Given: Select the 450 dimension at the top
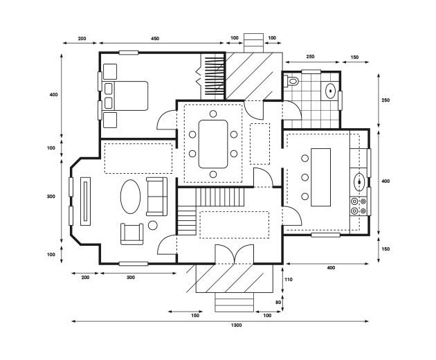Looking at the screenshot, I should (154, 39).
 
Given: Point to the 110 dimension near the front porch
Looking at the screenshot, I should (290, 279).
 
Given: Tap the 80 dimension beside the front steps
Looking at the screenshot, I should (279, 303).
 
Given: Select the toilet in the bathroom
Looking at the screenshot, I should (292, 82).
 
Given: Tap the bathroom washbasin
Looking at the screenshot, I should (331, 90).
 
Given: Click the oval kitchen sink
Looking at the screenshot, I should (360, 182).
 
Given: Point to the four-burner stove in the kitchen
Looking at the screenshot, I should (359, 205).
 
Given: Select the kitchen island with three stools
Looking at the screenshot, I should (322, 176).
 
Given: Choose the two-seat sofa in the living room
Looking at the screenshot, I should (156, 196).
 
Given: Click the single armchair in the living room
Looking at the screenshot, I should (131, 233).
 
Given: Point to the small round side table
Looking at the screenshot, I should (153, 225).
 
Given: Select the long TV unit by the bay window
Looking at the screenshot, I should (85, 201).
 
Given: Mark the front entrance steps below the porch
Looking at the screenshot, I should (235, 303).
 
